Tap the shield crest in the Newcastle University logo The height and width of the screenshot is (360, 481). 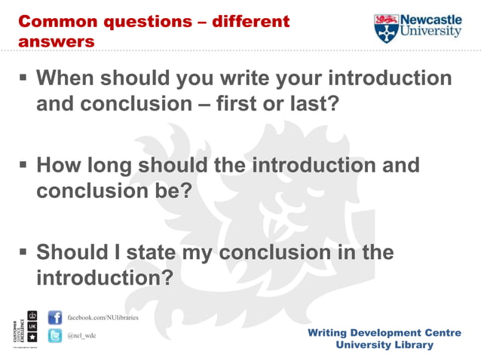click(385, 28)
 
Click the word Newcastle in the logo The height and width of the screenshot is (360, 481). click(430, 19)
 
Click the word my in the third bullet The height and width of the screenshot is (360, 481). click(201, 252)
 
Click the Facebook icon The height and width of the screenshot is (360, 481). click(55, 317)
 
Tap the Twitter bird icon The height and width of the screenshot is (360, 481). click(55, 336)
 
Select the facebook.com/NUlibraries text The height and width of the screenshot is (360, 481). click(103, 317)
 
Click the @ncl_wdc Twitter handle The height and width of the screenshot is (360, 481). click(82, 336)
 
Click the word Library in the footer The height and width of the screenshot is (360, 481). click(412, 345)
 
